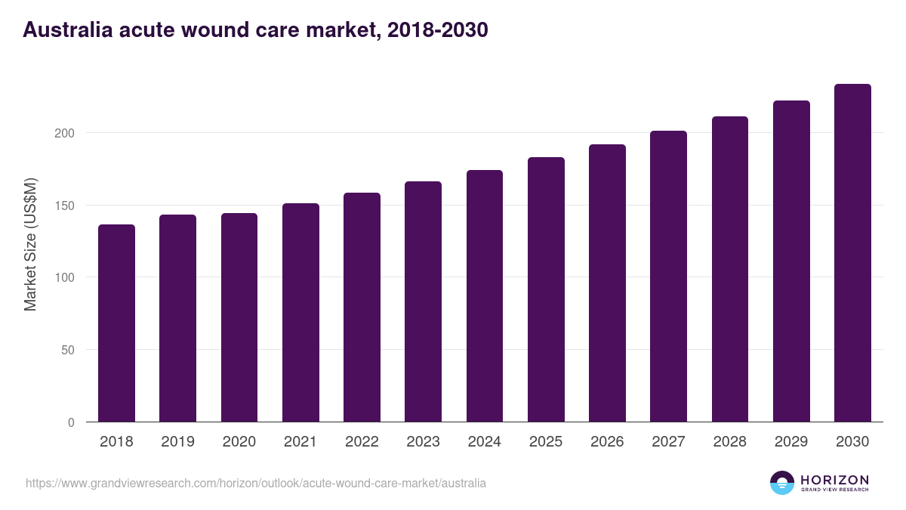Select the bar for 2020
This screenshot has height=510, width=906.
(239, 317)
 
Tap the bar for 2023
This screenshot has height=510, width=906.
(423, 301)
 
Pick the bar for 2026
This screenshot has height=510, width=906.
(607, 283)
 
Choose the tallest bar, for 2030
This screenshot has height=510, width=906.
(852, 253)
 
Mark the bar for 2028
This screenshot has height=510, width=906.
(730, 269)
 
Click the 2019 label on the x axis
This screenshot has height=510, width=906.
(177, 442)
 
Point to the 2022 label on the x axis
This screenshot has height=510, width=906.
(362, 442)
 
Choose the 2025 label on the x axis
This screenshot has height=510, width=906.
(546, 442)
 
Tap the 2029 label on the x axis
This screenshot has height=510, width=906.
(791, 442)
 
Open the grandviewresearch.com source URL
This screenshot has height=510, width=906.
(256, 483)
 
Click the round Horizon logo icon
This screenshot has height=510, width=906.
(782, 483)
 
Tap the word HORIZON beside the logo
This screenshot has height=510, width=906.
(834, 479)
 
